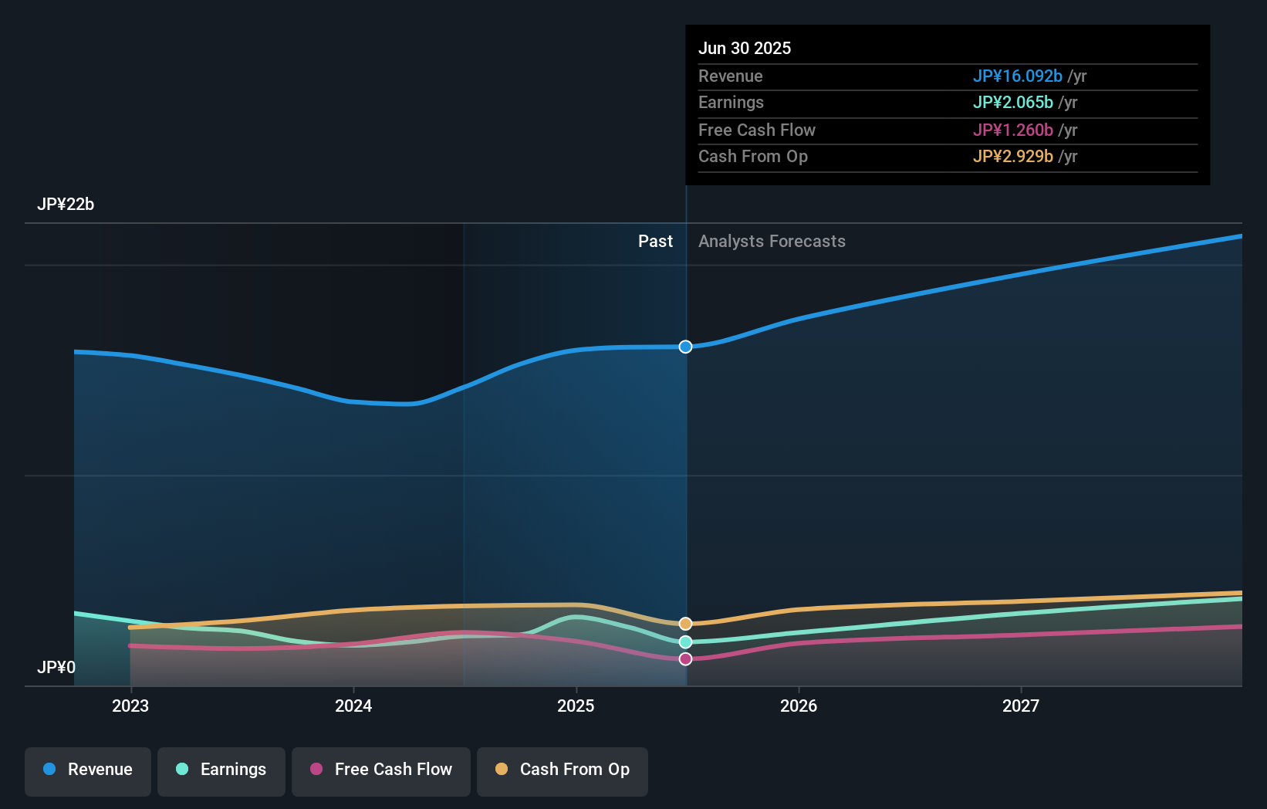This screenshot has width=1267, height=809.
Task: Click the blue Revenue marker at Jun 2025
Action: tap(685, 347)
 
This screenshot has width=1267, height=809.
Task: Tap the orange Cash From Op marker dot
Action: tap(685, 624)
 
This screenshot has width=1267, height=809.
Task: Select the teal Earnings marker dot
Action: tap(685, 642)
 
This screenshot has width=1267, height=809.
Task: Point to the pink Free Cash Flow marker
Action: tap(685, 658)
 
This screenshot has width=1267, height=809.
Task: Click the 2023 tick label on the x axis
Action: tap(130, 706)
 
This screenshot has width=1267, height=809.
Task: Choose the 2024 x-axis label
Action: tap(353, 706)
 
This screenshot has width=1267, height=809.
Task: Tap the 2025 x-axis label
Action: tap(576, 706)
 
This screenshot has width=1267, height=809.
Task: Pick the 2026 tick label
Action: tap(799, 706)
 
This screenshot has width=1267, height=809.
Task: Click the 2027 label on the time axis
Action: tap(1021, 706)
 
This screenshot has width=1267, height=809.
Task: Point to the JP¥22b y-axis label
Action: tap(66, 204)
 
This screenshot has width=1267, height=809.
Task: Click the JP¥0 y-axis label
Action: tap(56, 667)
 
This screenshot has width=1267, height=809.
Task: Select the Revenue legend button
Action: tap(88, 770)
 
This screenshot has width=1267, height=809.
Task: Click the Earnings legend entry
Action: tap(221, 770)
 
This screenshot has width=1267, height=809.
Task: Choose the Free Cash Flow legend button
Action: tap(381, 770)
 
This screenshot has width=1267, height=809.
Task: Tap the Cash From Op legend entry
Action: tap(563, 770)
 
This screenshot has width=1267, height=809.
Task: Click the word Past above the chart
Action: tap(655, 242)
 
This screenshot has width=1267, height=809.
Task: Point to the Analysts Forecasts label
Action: tap(772, 242)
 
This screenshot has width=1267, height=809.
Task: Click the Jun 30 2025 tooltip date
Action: tap(745, 48)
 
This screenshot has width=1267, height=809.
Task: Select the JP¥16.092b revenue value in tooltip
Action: tap(1017, 76)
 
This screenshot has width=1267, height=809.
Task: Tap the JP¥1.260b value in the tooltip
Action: tap(1012, 130)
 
